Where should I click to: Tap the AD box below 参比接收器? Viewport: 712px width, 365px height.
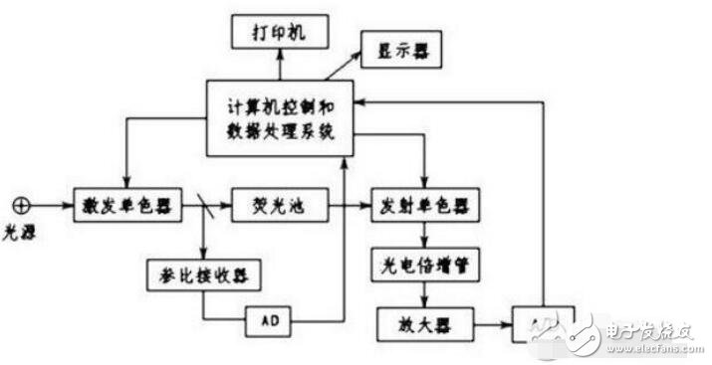[272, 321]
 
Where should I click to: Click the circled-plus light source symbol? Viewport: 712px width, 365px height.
[18, 206]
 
